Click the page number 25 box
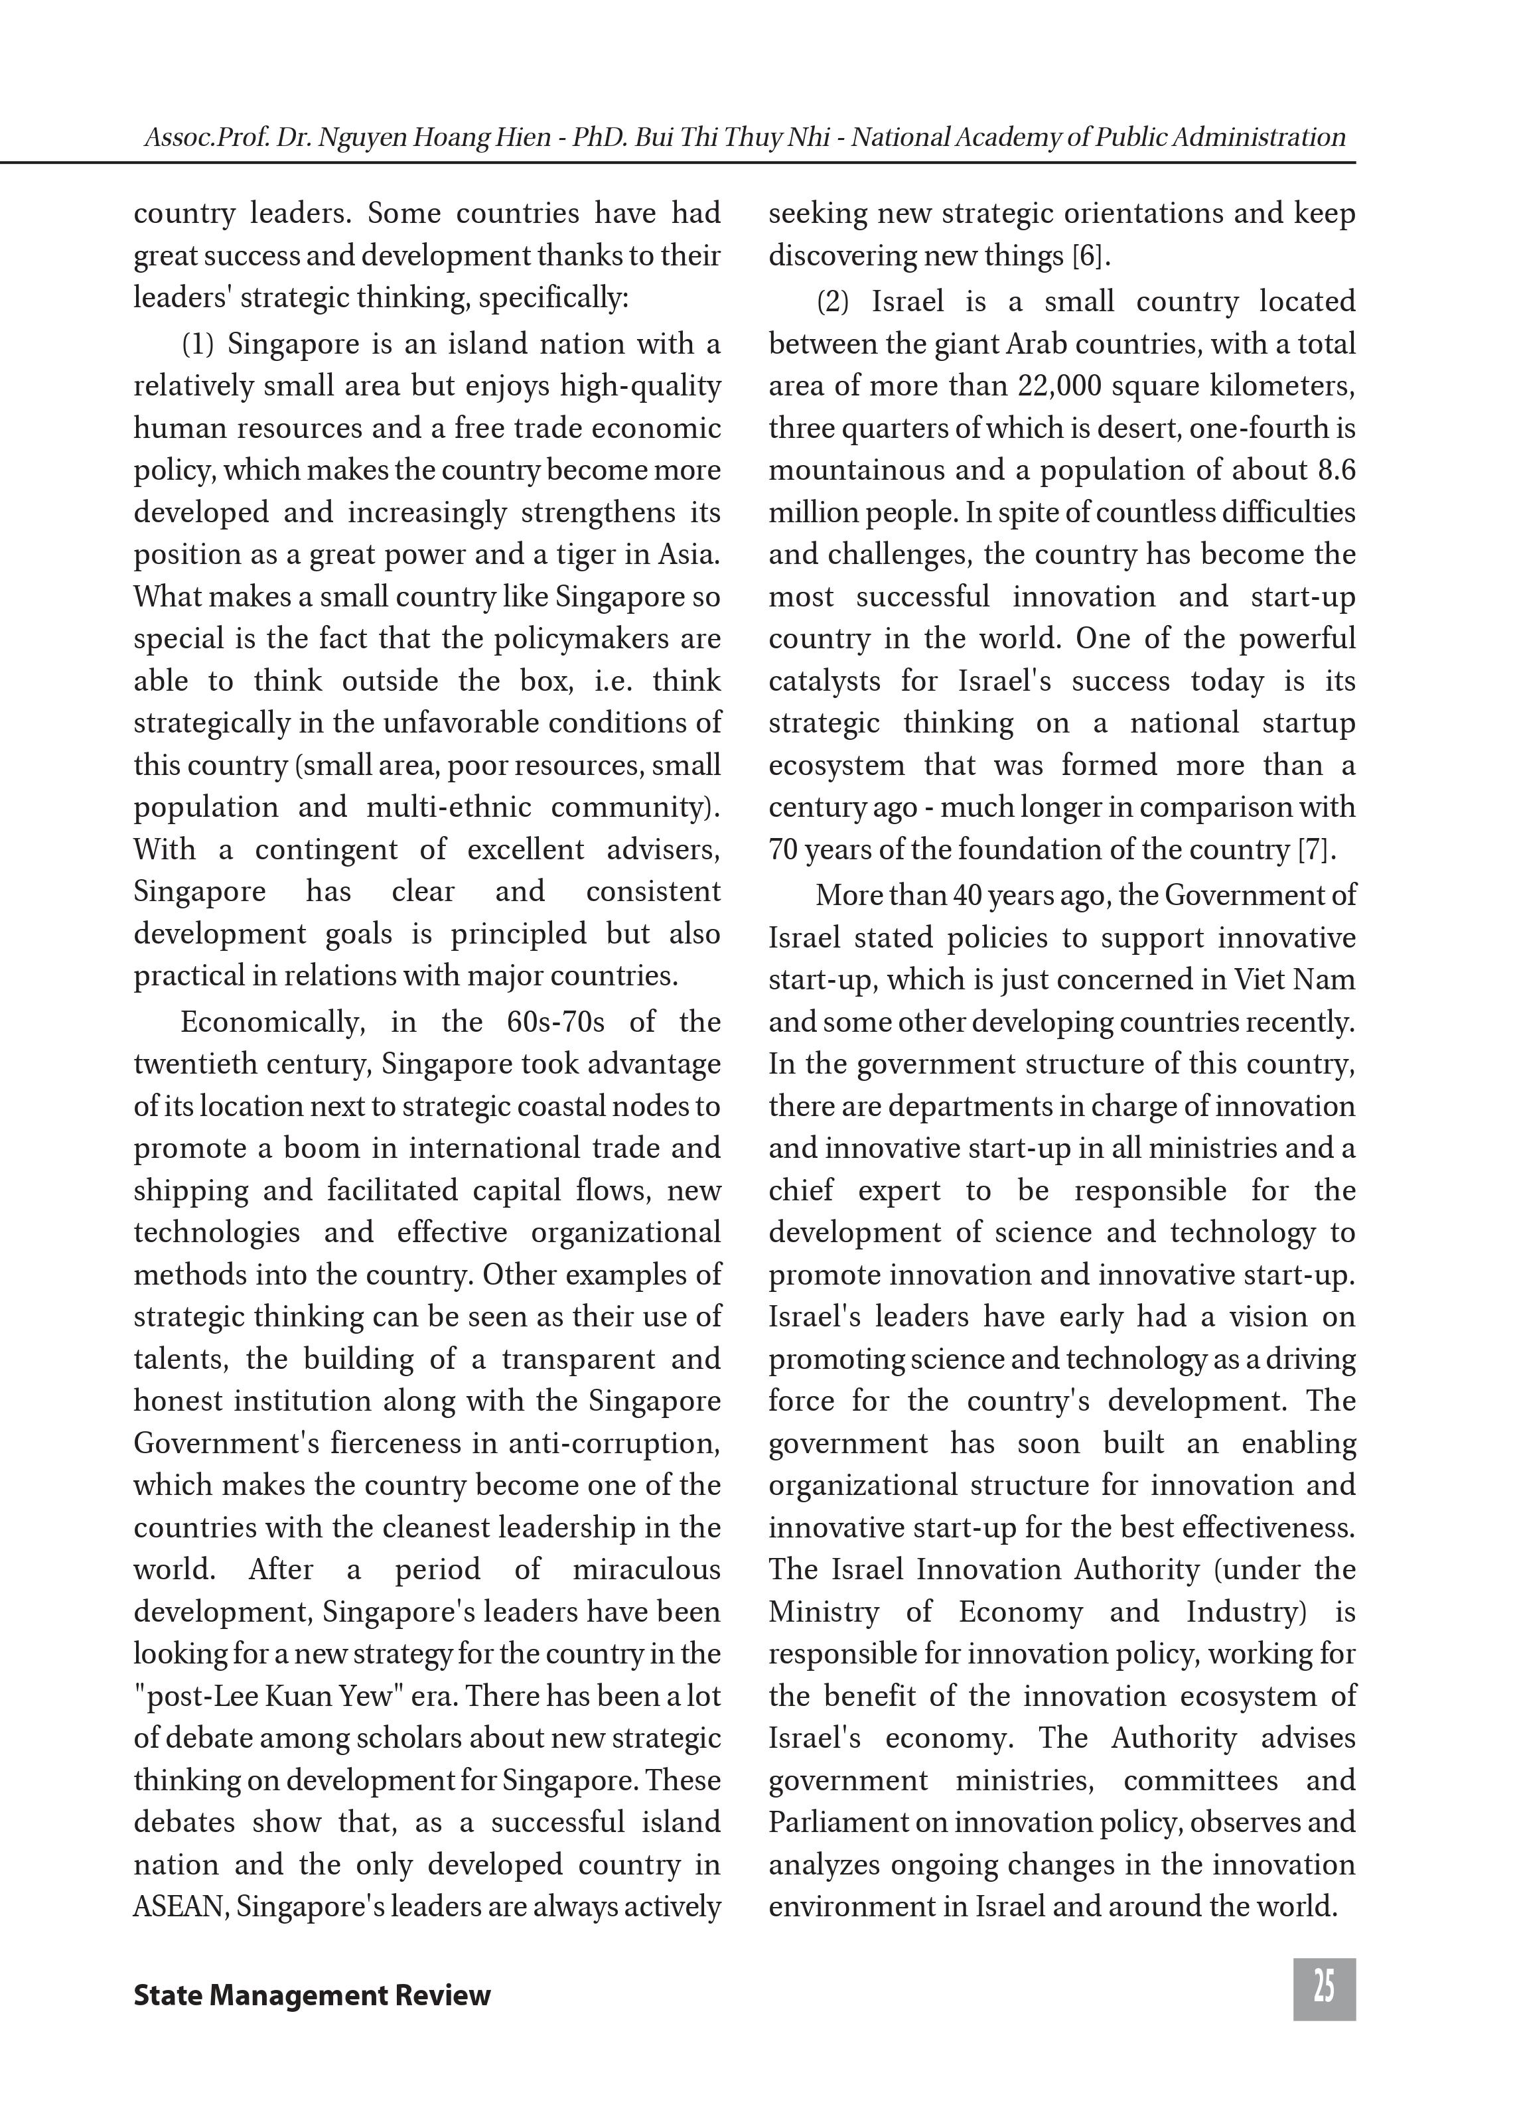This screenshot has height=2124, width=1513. coord(1323,1989)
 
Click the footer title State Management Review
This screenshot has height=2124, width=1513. coord(311,1995)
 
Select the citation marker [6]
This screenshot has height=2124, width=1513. coord(1087,256)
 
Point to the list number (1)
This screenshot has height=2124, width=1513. coord(198,344)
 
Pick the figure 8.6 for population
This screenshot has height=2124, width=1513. coord(1336,470)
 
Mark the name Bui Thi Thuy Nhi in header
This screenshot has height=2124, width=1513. coord(732,138)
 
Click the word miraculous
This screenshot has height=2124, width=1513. coord(646,1570)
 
